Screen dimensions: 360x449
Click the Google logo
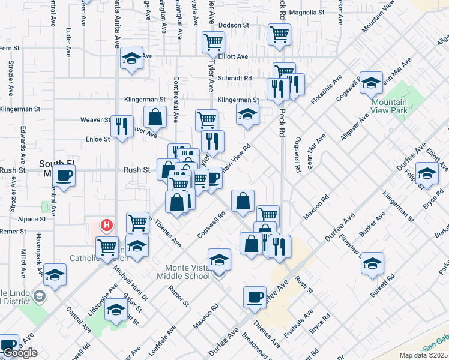[x=20, y=353]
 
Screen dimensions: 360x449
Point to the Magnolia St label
[x=306, y=11]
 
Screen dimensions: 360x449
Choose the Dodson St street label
[x=234, y=25]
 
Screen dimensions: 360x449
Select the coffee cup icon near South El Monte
[x=64, y=176]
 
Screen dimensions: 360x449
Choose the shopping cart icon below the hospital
[x=107, y=245]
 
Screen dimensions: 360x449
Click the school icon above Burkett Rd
[x=372, y=263]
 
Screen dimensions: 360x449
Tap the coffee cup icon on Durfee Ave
[x=255, y=296]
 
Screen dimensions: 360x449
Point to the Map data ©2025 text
[x=424, y=355]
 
